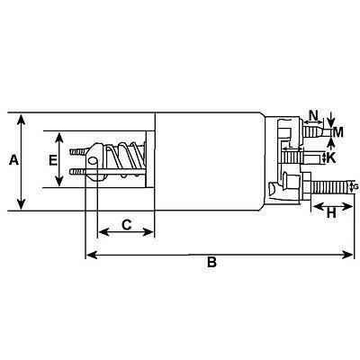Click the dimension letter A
(13, 161)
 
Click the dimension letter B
(211, 264)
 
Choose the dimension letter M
(337, 133)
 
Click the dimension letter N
(312, 115)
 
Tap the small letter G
(355, 186)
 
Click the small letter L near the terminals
(291, 144)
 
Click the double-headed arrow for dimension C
(125, 232)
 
